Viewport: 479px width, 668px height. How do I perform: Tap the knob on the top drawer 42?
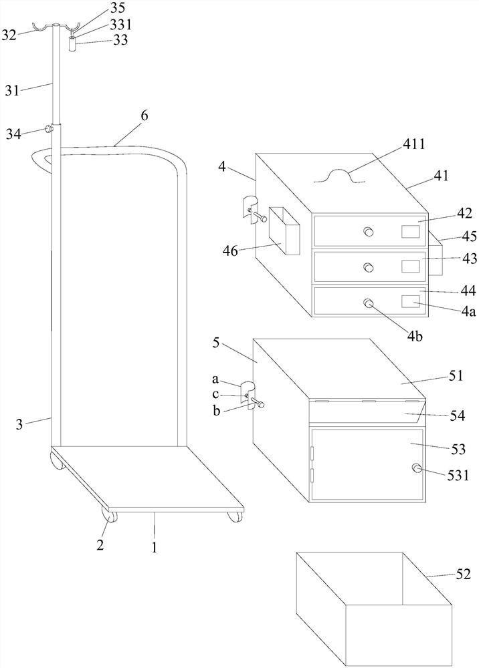pyautogui.click(x=368, y=232)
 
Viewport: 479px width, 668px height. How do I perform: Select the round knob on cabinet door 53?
pyautogui.click(x=417, y=469)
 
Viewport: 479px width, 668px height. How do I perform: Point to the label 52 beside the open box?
pyautogui.click(x=464, y=574)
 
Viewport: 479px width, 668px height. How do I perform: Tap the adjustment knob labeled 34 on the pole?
pyautogui.click(x=49, y=128)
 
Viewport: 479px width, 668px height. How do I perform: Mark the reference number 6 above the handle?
pyautogui.click(x=144, y=116)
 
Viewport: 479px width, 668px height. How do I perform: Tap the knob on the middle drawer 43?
pyautogui.click(x=368, y=267)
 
